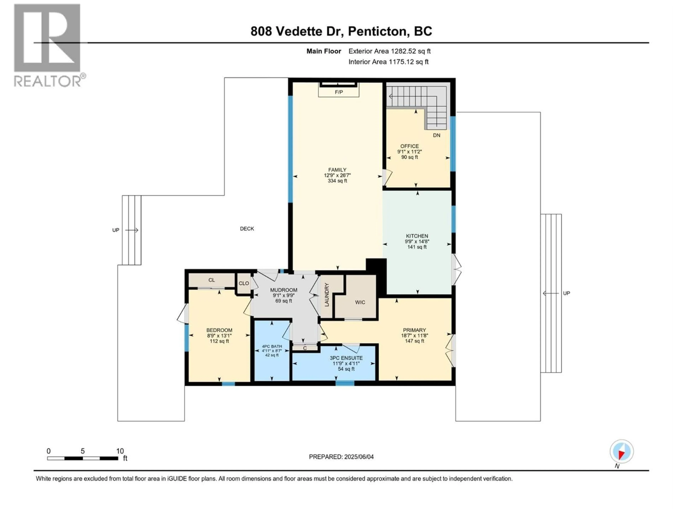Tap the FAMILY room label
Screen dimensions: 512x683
(x=337, y=170)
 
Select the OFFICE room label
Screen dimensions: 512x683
(x=409, y=146)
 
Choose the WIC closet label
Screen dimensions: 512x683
(x=360, y=302)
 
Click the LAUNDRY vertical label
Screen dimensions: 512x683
(x=327, y=295)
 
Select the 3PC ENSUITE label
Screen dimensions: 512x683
(x=346, y=358)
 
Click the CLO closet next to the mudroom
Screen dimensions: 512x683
(x=244, y=283)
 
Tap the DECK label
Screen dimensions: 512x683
(x=247, y=229)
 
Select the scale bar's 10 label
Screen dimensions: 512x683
(x=120, y=451)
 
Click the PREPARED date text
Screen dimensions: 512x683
(x=341, y=457)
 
